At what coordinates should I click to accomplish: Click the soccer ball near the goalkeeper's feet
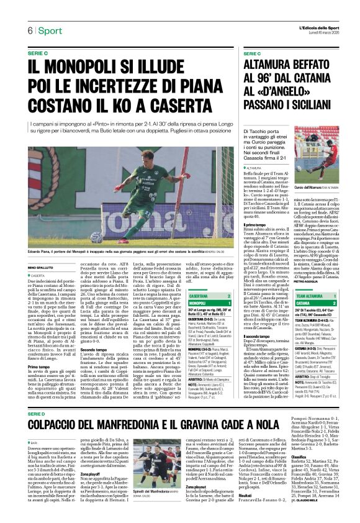(x=96, y=237)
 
